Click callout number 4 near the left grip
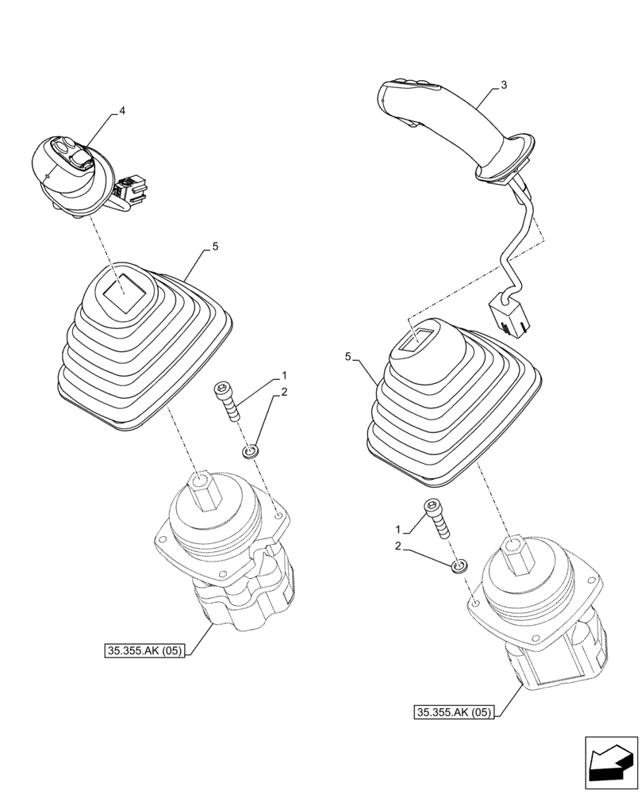[121, 113]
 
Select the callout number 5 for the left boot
[215, 248]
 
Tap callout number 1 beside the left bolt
[283, 374]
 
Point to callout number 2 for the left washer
[283, 393]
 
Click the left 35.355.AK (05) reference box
[144, 652]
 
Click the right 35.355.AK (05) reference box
[453, 712]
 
